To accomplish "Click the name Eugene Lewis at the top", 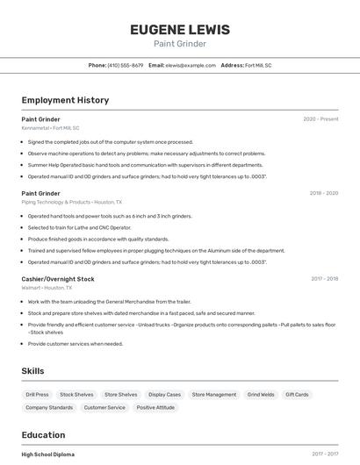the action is [180, 30].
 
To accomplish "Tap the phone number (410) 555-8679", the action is [126, 65].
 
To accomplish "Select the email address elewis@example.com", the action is [191, 65].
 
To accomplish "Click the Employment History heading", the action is [65, 100].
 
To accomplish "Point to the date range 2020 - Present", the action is [320, 119].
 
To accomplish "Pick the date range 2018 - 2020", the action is [324, 193].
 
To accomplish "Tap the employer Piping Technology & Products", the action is [56, 202].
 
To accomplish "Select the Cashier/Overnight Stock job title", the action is [58, 279].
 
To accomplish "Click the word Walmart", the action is [31, 288].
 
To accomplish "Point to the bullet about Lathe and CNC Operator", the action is [79, 227].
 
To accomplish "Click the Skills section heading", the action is [32, 371].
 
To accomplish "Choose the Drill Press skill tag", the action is [37, 395].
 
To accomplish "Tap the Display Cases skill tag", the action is [164, 395].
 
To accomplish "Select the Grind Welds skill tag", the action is [261, 395].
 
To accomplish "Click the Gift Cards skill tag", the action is [297, 395].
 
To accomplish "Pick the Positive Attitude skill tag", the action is [155, 407].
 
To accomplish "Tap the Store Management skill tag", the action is [214, 395].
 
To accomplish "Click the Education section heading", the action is [43, 435].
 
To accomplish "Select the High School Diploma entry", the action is [48, 454].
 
